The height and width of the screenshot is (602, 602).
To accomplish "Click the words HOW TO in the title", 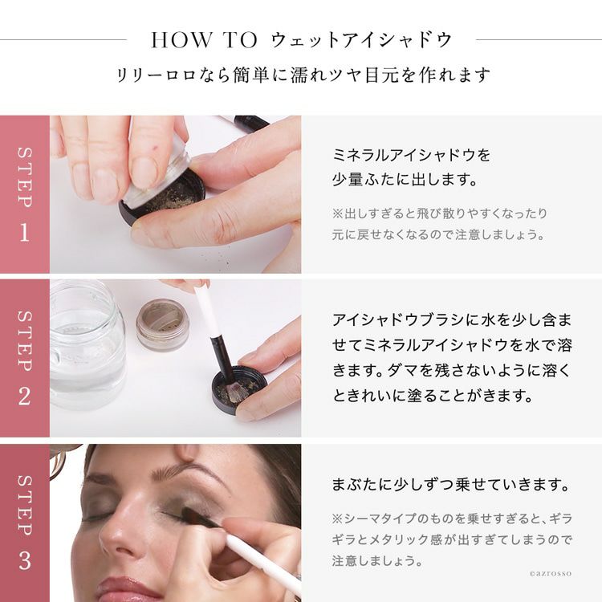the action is (204, 40).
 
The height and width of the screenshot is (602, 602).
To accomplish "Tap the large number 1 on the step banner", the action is (25, 232).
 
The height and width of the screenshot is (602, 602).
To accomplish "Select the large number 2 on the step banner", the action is (25, 397).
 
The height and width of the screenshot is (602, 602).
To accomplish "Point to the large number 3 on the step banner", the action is (25, 560).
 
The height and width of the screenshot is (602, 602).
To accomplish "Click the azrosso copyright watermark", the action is (550, 574).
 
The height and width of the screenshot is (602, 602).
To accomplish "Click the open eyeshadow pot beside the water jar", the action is (162, 325).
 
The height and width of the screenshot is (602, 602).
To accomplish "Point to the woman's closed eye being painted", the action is (181, 513).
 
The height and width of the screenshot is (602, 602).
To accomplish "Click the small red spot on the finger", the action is (156, 147).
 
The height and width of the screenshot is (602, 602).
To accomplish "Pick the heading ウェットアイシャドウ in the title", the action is (361, 40).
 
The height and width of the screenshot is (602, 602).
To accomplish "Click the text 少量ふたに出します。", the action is (405, 179).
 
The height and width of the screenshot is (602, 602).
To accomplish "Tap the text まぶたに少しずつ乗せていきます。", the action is (450, 485).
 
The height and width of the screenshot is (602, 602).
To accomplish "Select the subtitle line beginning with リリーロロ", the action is (303, 75).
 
